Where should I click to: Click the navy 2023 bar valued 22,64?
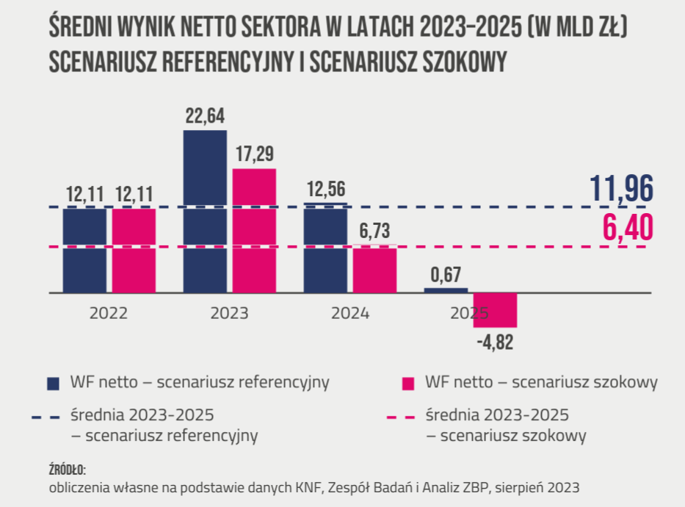pos(205,212)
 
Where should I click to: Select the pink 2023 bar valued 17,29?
pos(254,231)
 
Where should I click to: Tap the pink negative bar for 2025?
pos(495,310)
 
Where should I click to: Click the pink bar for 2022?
pos(134,251)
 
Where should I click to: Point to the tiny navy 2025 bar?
pos(446,290)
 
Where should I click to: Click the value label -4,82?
pos(496,342)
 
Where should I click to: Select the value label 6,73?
pos(374,231)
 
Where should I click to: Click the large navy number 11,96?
pos(621,190)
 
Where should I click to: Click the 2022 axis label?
pos(109,313)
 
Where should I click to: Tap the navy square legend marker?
pos(53,383)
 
